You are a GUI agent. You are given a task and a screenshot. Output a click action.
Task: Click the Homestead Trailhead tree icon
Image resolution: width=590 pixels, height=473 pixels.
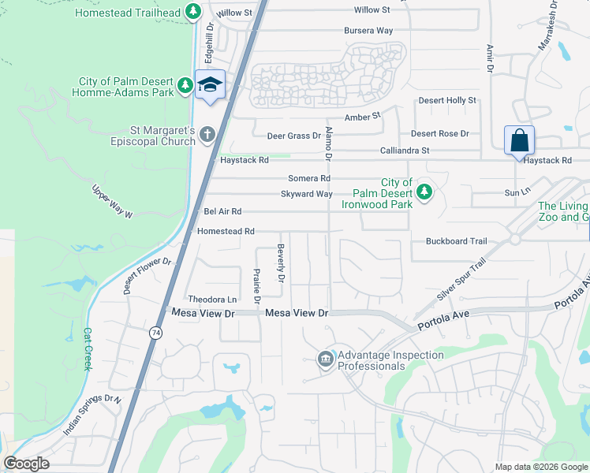[x=192, y=12]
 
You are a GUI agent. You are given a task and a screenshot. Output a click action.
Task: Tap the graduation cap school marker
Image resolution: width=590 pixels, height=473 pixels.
[x=210, y=84]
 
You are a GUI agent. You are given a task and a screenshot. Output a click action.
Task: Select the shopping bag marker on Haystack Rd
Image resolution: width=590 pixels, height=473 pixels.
[x=519, y=141]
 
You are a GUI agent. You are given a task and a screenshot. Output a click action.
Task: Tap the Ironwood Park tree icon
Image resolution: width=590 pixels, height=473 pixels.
[x=424, y=191]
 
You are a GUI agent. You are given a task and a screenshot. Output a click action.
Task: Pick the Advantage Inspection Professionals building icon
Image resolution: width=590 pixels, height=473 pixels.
[x=324, y=360]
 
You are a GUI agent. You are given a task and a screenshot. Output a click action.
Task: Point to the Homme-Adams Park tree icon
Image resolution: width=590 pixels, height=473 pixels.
[x=185, y=84]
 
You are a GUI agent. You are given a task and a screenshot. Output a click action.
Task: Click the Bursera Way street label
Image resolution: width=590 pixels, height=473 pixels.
[x=368, y=31]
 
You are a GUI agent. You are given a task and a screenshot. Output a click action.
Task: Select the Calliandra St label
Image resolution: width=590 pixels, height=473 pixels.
[x=426, y=150]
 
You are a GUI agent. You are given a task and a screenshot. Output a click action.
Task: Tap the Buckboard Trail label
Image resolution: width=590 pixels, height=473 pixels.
[x=457, y=241]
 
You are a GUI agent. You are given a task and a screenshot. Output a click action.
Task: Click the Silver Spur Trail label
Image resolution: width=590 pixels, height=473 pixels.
[x=461, y=281]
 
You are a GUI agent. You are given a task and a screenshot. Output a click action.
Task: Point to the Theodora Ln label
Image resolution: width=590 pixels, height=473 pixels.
[x=212, y=300]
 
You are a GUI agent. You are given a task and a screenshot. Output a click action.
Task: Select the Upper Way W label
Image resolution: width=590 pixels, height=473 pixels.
[x=113, y=202]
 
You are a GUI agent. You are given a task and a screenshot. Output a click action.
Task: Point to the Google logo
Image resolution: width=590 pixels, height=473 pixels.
[x=26, y=464]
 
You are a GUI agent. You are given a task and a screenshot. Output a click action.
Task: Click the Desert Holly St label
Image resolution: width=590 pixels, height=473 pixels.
[x=447, y=100]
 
